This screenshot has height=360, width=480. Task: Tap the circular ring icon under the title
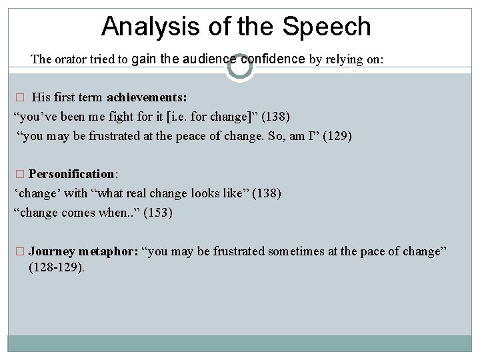[x=239, y=67]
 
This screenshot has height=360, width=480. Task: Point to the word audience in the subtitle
[x=207, y=59]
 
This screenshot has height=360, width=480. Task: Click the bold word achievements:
[x=147, y=97]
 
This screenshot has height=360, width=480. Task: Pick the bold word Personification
[x=72, y=174]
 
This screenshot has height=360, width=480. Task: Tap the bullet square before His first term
[x=19, y=98]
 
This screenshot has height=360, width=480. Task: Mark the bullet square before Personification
[x=19, y=175]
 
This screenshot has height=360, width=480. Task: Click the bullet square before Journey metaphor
[x=19, y=252]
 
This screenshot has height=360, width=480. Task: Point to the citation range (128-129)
[x=57, y=268]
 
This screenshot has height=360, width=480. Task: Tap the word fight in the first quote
[x=124, y=117]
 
